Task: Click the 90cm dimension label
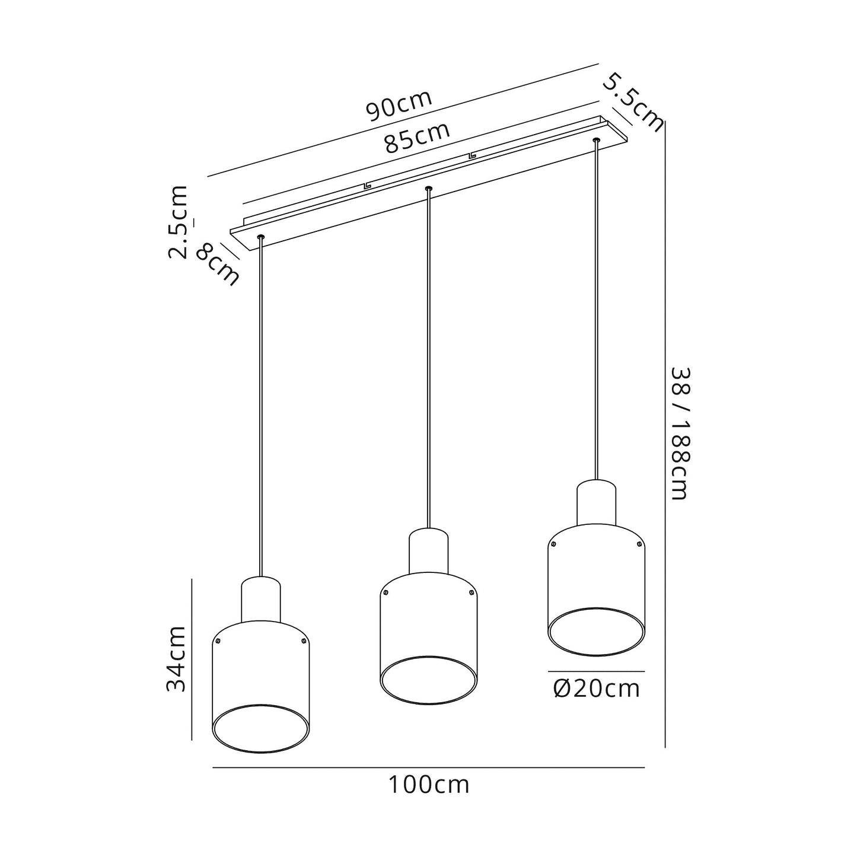(x=399, y=105)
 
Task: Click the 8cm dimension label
(x=218, y=265)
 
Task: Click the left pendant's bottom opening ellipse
(x=260, y=728)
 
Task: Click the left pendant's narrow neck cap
(x=261, y=599)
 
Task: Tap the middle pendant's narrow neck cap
(x=429, y=550)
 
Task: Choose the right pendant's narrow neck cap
(x=597, y=502)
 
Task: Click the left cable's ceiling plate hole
(x=260, y=237)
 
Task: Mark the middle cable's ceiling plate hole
(x=428, y=189)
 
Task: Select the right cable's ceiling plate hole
(x=596, y=141)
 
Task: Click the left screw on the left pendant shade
(x=218, y=641)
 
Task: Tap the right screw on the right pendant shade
(x=639, y=544)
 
